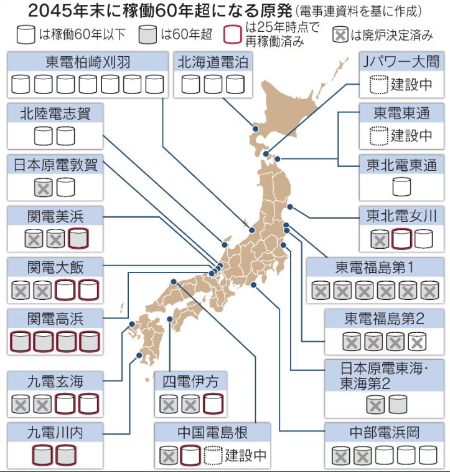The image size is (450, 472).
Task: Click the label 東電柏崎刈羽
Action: click(87, 62)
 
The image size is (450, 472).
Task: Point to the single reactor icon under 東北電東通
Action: click(401, 186)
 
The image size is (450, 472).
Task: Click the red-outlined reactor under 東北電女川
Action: click(401, 238)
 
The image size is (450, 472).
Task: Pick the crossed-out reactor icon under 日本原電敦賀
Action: click(43, 186)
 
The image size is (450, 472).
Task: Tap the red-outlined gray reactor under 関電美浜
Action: click(78, 238)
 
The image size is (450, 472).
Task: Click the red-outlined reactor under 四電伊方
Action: click(212, 403)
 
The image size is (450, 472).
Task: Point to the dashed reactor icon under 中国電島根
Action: click(212, 455)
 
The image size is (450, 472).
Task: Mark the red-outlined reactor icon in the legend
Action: click(232, 32)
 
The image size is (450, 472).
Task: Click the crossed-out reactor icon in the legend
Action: click(340, 34)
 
